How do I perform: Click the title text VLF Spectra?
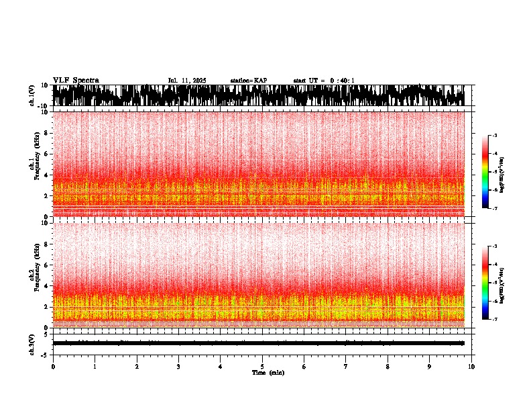pos(76,81)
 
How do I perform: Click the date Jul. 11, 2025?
pos(187,81)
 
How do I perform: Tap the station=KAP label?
pos(249,81)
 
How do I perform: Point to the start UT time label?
pos(324,81)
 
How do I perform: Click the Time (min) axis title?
pos(268,372)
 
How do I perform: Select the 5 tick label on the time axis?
pos(263,366)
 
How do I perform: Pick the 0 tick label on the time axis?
pos(53,366)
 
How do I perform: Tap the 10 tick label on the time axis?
pos(471,366)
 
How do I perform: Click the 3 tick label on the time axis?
pos(179,366)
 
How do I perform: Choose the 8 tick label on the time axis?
pos(388,366)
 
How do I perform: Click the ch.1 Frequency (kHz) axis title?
pos(35,164)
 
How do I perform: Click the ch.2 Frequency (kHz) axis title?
pos(35,275)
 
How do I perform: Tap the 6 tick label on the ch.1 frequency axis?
pos(46,154)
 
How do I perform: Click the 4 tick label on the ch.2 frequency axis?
pos(46,286)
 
